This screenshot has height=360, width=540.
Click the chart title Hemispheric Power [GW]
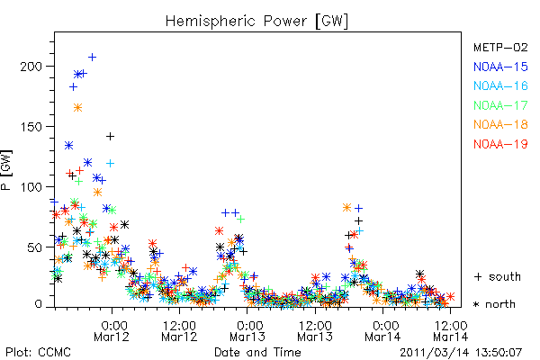click(x=256, y=22)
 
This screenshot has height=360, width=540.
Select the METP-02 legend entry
click(x=500, y=47)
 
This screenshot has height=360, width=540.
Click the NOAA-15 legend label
click(x=500, y=67)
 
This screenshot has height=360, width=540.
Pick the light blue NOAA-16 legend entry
click(x=500, y=85)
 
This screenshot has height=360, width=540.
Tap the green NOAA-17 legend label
click(x=500, y=105)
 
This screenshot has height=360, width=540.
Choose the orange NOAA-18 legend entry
click(x=500, y=124)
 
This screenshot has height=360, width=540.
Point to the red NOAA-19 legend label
click(x=500, y=144)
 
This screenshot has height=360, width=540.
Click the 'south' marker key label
click(x=505, y=276)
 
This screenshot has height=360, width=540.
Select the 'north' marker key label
click(x=500, y=304)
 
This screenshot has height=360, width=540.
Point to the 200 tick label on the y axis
click(x=31, y=66)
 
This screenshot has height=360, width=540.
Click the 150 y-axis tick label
click(x=31, y=126)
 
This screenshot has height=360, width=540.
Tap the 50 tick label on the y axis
click(x=35, y=247)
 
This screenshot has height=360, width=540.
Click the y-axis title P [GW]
click(x=7, y=170)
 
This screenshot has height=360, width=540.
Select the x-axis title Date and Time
click(x=257, y=352)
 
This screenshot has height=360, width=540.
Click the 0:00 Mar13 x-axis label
click(x=247, y=330)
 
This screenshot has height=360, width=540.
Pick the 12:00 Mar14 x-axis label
click(x=451, y=330)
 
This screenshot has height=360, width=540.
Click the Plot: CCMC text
click(x=38, y=352)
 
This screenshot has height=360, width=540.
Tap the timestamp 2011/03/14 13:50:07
click(x=461, y=353)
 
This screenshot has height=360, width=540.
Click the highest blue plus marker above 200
click(x=92, y=57)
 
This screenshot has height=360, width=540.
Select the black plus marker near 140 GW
click(x=110, y=137)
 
